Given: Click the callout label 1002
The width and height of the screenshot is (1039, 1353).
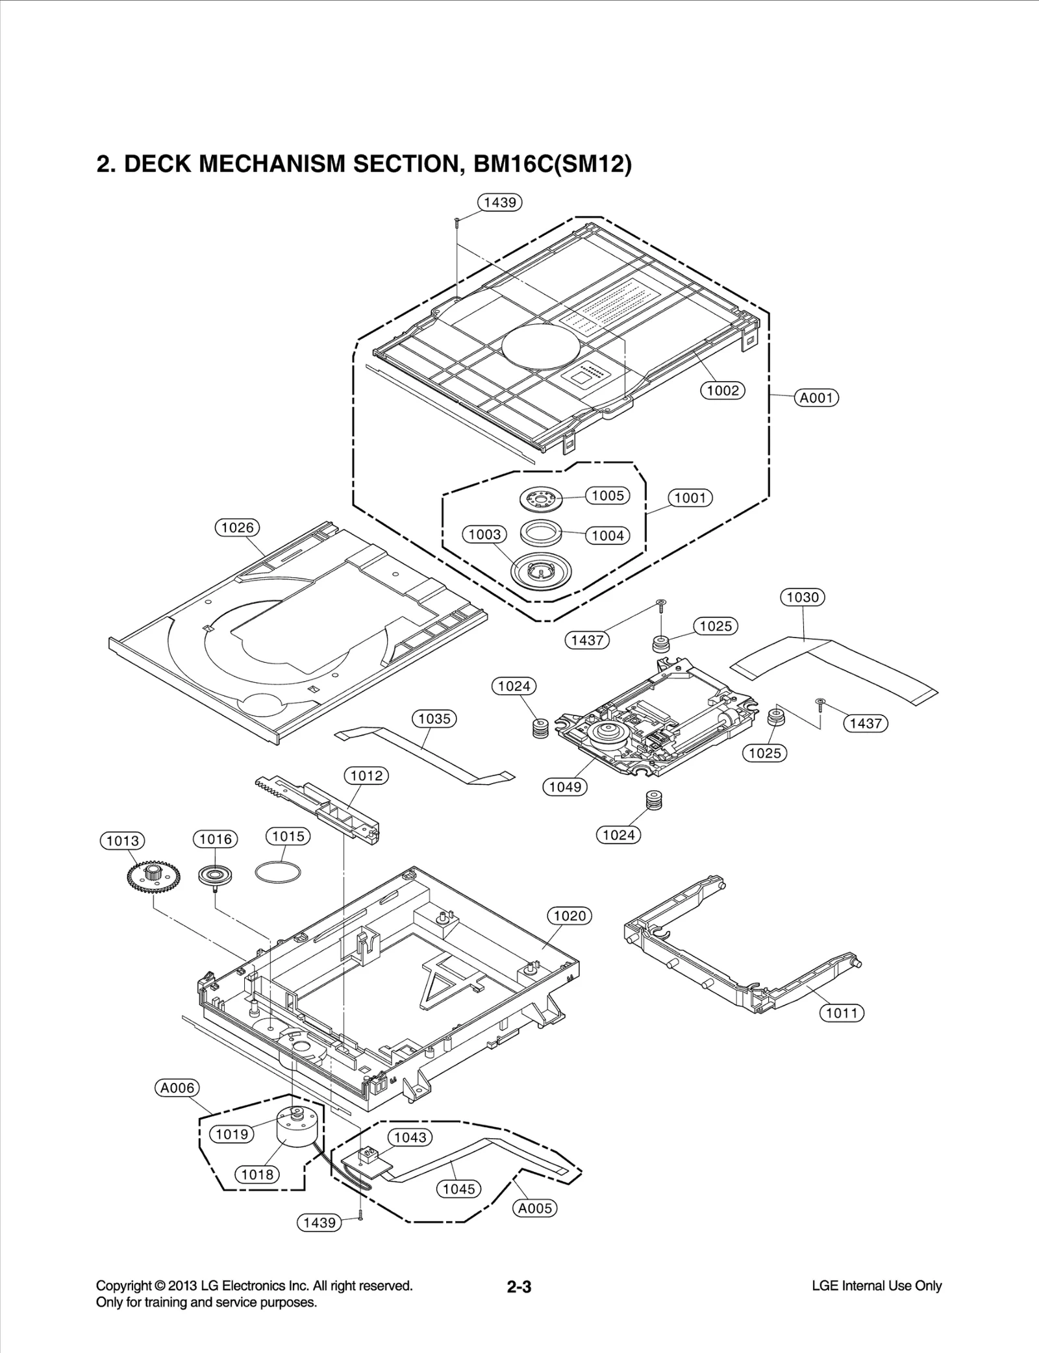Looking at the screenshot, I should pos(722,390).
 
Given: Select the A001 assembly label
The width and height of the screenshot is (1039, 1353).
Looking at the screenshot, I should pos(816,397).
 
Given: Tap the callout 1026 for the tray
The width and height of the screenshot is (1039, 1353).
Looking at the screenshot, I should pos(237,527).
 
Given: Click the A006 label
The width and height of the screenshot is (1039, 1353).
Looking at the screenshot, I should pos(177,1087).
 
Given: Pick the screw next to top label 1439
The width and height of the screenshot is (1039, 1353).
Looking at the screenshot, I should pos(457,222).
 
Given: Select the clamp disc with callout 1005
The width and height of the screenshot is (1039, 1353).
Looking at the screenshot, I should pos(540,499).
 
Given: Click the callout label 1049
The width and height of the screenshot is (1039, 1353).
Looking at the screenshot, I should pos(564,787).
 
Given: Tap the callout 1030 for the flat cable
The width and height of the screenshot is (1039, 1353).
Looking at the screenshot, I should pos(802,597).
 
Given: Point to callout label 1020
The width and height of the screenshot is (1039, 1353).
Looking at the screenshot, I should pos(570,915).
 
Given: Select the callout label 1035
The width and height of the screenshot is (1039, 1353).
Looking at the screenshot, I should pos(434,719).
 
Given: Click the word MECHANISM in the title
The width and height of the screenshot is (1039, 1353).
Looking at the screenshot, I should pos(272,164).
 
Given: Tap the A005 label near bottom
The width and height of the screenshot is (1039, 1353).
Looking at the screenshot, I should pos(534,1208).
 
